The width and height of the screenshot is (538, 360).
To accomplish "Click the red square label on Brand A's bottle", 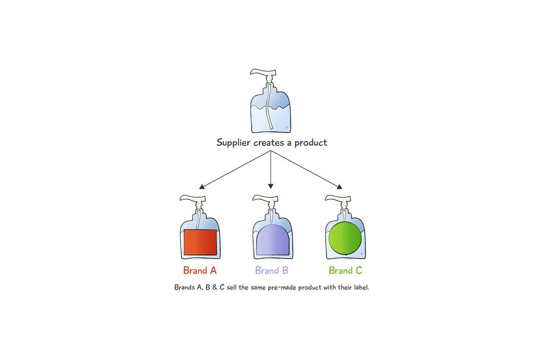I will (200, 242).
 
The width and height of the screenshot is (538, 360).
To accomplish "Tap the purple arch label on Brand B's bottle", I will (272, 240).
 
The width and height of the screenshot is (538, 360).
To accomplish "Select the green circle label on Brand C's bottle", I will (345, 238).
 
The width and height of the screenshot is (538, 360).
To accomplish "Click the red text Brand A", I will (200, 270).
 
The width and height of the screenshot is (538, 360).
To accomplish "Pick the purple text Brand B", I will (271, 270).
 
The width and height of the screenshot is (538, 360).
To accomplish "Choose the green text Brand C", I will (346, 270).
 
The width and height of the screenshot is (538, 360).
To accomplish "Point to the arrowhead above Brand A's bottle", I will (201, 186).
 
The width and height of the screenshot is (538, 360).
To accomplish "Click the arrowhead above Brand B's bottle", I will (270, 186).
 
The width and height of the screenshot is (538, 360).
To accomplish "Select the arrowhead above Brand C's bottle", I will (339, 186).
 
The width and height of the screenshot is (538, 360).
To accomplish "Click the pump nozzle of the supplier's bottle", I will (259, 73).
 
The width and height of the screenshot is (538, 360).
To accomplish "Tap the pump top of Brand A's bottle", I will (191, 198).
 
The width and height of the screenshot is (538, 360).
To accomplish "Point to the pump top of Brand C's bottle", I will (336, 198).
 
